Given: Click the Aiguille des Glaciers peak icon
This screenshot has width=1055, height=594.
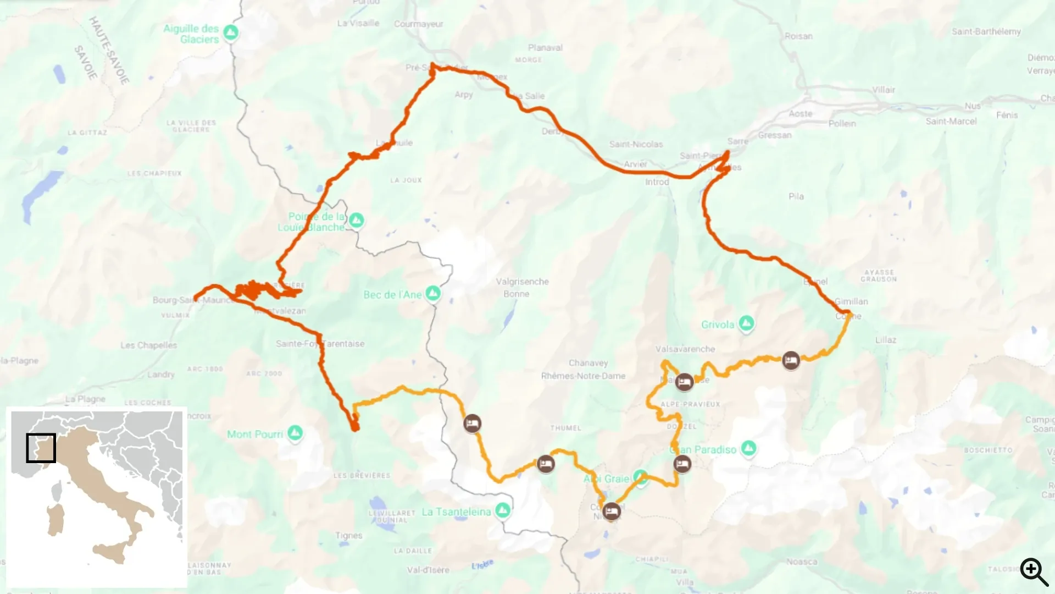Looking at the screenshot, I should pos(231,32).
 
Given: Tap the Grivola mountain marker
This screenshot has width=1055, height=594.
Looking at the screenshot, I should pos(746,324).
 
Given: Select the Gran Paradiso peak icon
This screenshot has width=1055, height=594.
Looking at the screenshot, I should pos(748,449).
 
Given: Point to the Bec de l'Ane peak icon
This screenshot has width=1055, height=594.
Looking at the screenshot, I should pos(433,293).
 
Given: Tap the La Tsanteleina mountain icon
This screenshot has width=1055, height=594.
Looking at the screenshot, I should pos(502,510).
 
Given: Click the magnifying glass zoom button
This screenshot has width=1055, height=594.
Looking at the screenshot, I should pos(1034,571).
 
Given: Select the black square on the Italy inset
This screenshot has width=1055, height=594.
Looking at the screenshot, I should pos(41,448).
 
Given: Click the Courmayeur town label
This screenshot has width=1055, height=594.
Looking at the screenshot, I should pos(418,24).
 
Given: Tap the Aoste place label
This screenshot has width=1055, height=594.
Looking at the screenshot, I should pos(800,114).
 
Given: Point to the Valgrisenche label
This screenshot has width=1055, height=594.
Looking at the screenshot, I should pos(522,282).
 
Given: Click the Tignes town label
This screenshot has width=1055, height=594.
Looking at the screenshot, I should pos(349,535).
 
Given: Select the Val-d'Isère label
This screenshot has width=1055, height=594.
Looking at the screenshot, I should pos(428,570).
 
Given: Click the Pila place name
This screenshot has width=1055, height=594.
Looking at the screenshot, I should pos(796,196).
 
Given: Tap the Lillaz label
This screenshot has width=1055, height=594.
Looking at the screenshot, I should pos(886,340).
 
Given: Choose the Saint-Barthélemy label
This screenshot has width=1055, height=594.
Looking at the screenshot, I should pos(986,31).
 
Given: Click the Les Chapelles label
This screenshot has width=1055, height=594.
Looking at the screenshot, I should pos(148,345).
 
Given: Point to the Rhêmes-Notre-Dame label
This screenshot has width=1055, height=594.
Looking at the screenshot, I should pos(583,376).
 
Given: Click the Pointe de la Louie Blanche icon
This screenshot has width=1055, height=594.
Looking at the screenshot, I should pos(357,221).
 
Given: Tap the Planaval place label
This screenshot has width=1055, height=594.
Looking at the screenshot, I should pos(545,48).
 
